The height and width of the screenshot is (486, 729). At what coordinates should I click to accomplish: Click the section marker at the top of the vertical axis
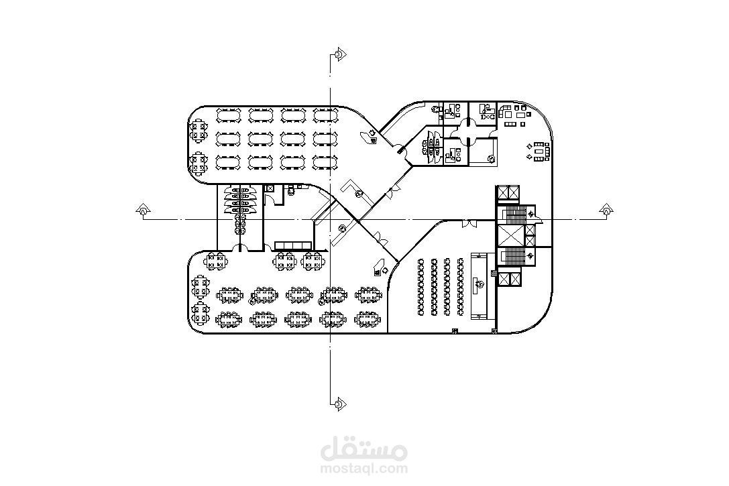coord(340,54)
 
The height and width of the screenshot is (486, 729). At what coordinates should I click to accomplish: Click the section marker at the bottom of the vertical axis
coord(339,404)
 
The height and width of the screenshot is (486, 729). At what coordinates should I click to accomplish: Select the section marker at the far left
coord(142,211)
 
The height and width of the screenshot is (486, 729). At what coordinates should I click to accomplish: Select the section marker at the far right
coord(605,211)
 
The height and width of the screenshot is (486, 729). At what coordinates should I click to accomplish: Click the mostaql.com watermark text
coord(364,469)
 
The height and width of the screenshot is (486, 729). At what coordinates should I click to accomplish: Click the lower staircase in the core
coord(515,257)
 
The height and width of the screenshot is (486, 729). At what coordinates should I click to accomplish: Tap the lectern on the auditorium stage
coord(480,285)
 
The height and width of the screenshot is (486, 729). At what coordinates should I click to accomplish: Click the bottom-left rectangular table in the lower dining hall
coord(229,320)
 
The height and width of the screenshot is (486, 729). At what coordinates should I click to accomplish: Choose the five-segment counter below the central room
coord(294,245)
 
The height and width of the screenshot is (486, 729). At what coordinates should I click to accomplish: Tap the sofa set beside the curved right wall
coord(539,150)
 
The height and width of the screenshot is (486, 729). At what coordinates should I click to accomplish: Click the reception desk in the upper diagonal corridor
coord(370,137)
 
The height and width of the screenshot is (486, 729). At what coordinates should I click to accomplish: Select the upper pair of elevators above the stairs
coord(508,193)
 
